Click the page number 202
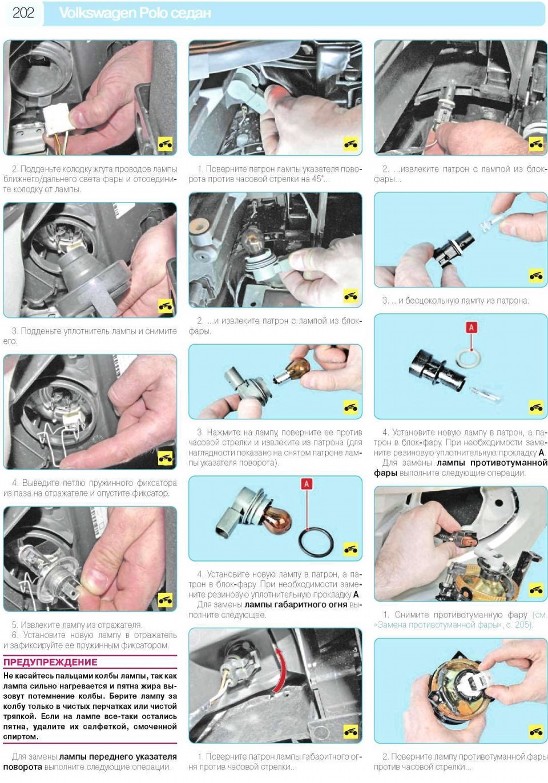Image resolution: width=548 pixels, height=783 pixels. pyautogui.click(x=23, y=13)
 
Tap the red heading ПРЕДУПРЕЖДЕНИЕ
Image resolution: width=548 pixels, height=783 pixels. pyautogui.click(x=50, y=662)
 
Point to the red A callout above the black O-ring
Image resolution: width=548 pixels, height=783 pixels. pyautogui.click(x=307, y=484)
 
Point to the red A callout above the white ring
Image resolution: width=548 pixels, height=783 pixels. pyautogui.click(x=471, y=327)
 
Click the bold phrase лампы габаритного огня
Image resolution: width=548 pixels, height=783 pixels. pyautogui.click(x=296, y=604)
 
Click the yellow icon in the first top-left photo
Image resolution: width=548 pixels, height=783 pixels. pyautogui.click(x=165, y=143)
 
